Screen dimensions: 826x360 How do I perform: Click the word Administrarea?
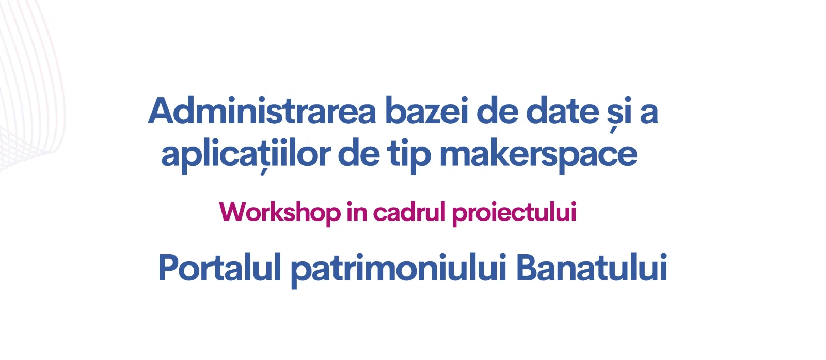pos(262,111)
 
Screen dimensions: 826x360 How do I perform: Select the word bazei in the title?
pos(426,111)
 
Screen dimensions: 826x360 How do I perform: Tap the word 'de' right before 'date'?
pos(496,111)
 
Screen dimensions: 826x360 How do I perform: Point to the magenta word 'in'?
pos(357,212)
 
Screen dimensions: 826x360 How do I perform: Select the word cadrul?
pos(409,212)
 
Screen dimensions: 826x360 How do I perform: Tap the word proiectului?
pos(514,213)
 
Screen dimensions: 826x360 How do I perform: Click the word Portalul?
pos(220,267)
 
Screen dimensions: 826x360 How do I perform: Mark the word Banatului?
pos(592,267)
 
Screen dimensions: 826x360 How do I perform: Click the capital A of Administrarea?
pos(161,111)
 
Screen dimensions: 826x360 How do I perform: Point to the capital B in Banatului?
pos(527,268)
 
